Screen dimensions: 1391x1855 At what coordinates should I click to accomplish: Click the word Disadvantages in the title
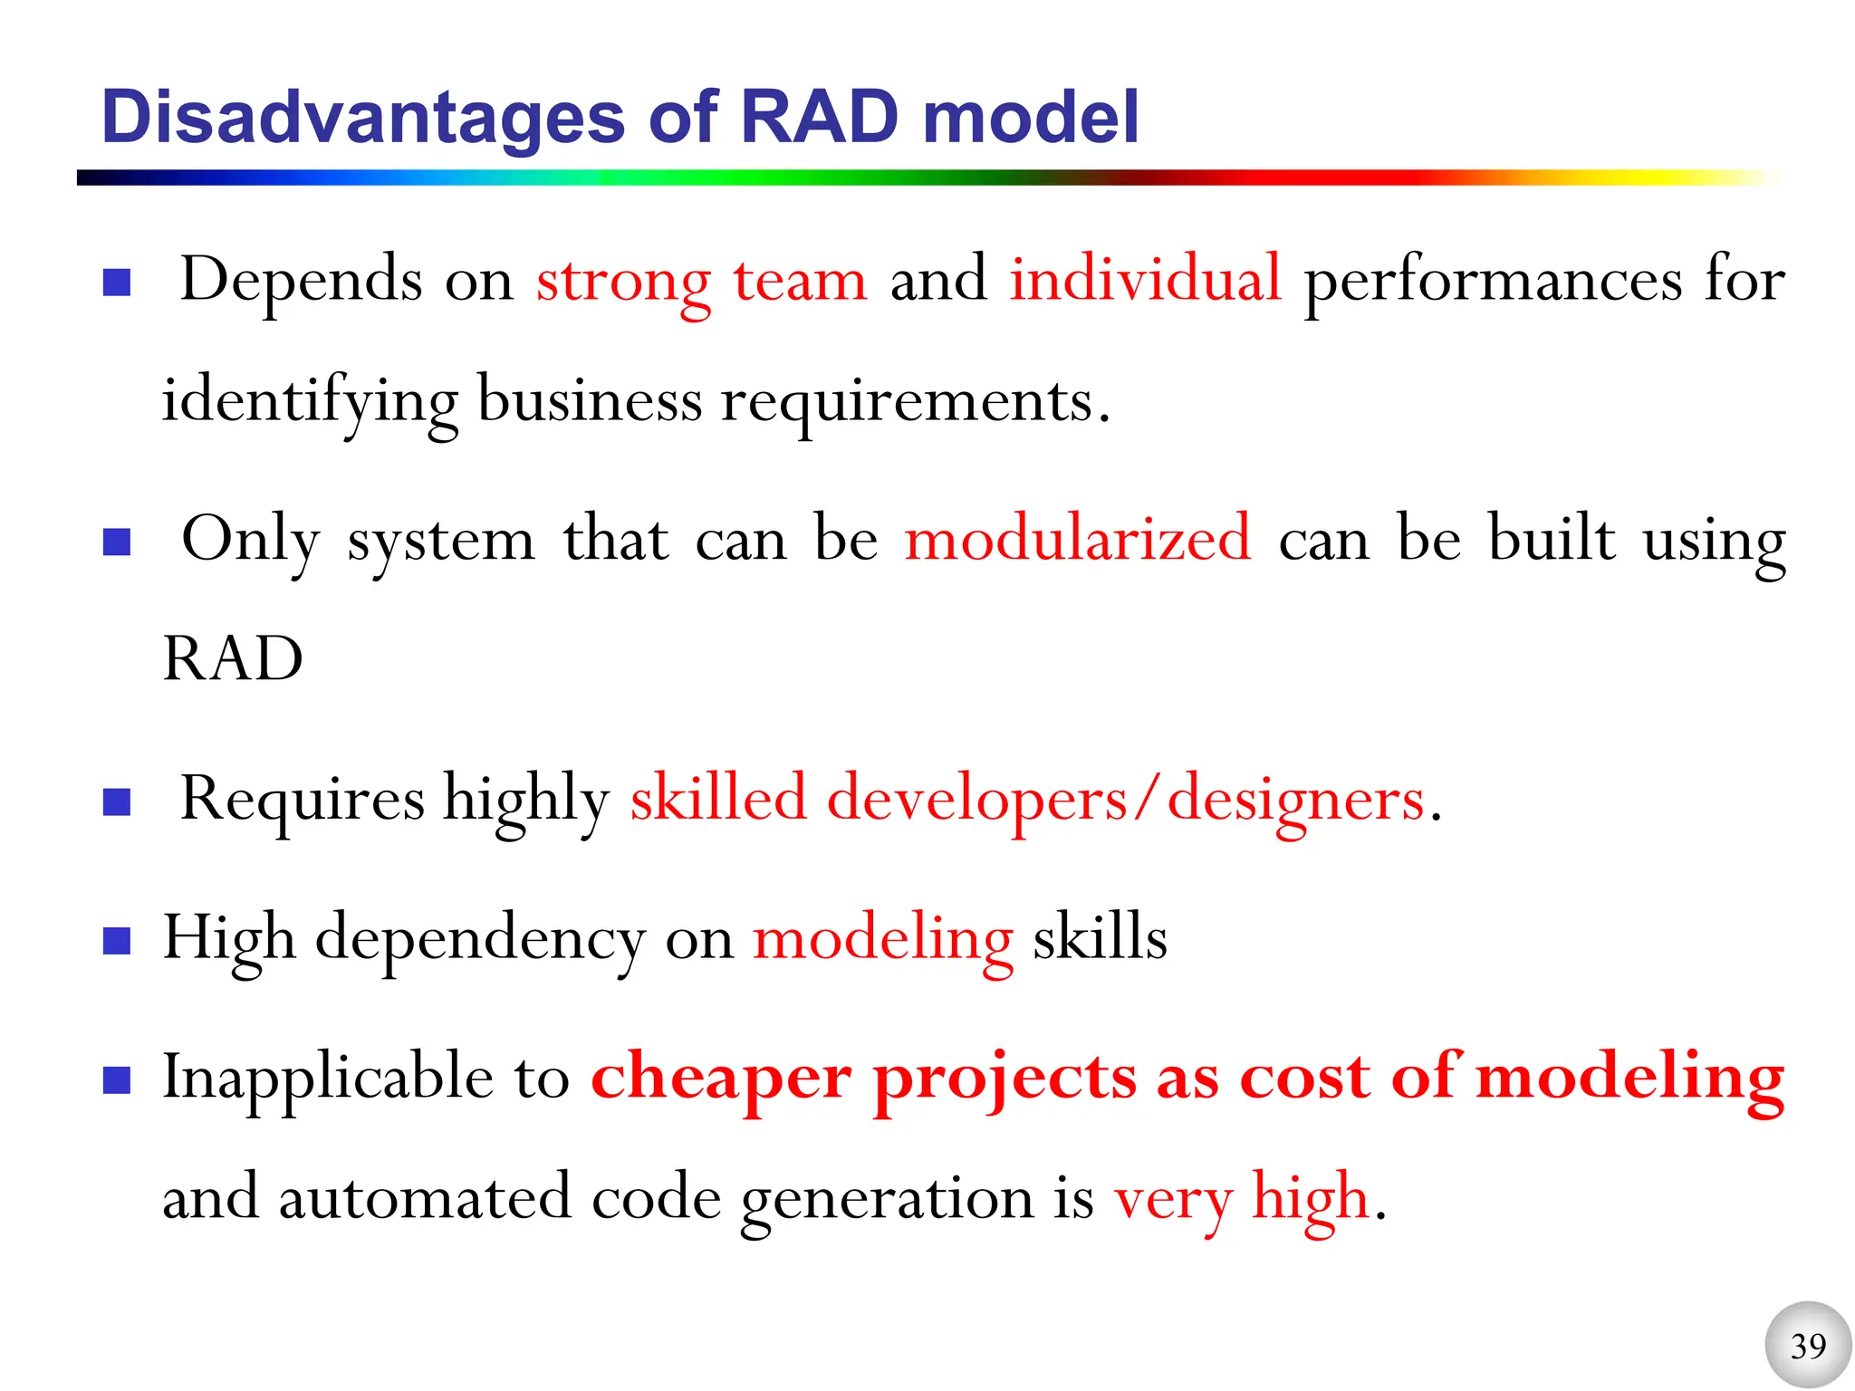click(362, 118)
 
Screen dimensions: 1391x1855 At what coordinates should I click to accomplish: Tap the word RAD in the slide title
click(820, 118)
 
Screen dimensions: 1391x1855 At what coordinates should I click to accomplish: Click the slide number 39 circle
click(1808, 1345)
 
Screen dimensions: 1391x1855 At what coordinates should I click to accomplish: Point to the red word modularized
click(1078, 539)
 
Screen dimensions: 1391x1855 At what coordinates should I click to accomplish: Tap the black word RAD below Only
click(233, 659)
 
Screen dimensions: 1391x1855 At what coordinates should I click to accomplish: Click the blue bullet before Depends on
click(118, 283)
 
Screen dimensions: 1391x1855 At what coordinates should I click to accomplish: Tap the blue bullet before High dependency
click(118, 942)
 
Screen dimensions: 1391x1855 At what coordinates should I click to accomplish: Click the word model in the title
click(1030, 118)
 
